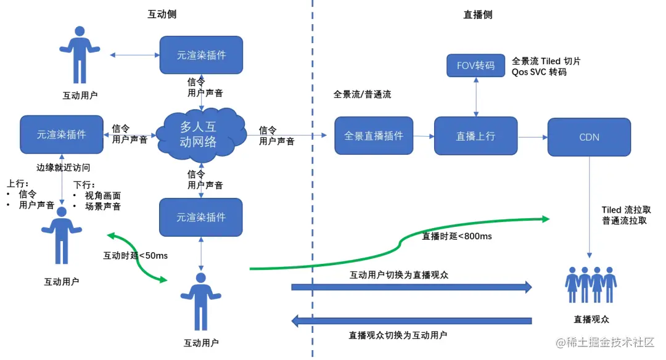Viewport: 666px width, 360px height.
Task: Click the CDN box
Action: [x=589, y=136]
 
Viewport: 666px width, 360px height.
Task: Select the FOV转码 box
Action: [x=475, y=65]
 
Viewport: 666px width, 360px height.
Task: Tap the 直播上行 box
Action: [x=475, y=136]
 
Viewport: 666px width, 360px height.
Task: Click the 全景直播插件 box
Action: [x=374, y=136]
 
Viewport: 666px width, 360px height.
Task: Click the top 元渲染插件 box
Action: [x=201, y=55]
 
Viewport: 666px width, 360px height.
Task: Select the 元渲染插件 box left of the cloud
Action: [x=61, y=134]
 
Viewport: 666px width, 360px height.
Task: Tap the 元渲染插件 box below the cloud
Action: [x=201, y=217]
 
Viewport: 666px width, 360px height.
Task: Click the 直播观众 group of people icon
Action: [x=591, y=284]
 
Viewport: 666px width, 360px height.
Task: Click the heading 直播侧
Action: [x=478, y=14]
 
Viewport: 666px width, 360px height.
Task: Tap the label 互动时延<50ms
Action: [x=135, y=255]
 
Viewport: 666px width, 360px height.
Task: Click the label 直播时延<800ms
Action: [x=456, y=235]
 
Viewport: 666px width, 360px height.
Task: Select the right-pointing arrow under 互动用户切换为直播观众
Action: [x=411, y=287]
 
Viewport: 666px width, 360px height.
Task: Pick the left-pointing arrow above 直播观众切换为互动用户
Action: [x=411, y=321]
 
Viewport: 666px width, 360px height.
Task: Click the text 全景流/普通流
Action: [x=362, y=94]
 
